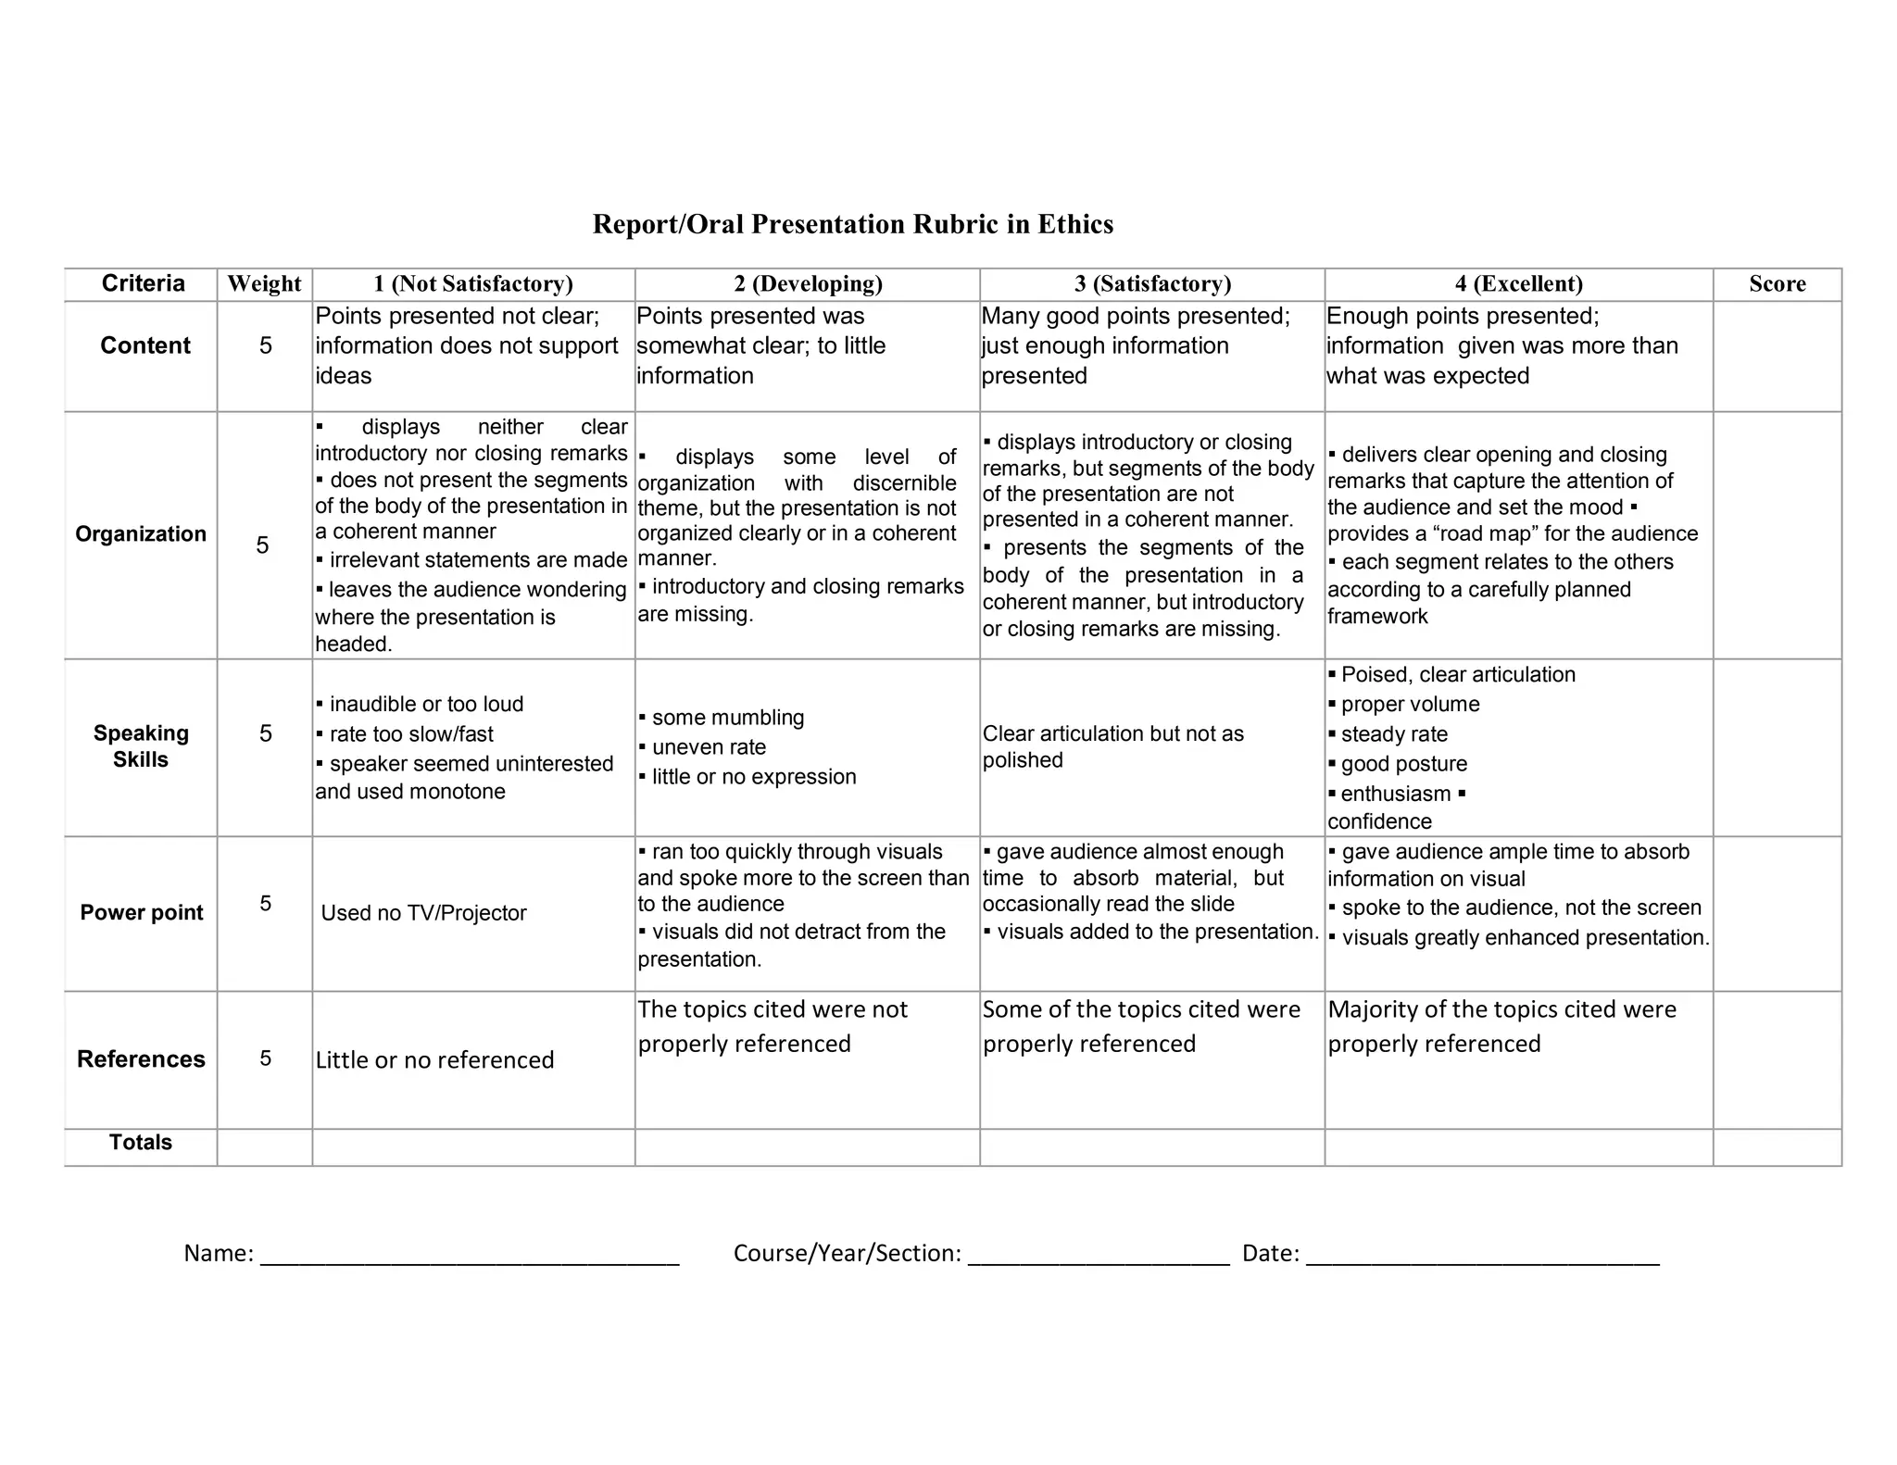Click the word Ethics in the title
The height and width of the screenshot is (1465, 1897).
1074,224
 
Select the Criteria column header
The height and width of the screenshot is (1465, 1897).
143,283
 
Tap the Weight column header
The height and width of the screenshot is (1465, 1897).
264,283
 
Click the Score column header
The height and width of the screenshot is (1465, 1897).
1777,283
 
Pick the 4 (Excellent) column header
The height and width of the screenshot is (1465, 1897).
1518,283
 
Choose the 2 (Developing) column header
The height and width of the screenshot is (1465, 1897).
808,283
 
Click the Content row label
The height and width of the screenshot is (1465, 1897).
144,345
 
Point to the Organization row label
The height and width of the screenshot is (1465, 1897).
141,534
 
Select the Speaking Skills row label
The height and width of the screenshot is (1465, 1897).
141,746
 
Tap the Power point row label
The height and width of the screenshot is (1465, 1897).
141,912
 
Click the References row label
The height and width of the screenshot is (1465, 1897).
141,1058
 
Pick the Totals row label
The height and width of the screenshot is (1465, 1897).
141,1142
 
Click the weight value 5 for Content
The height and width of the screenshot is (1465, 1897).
265,345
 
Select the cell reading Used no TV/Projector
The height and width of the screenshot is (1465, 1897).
423,913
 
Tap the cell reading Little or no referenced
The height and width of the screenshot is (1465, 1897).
434,1059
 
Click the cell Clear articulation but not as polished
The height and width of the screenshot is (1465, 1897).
1112,746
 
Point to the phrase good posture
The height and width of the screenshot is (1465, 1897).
1403,764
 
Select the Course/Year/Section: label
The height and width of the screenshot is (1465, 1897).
847,1253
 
